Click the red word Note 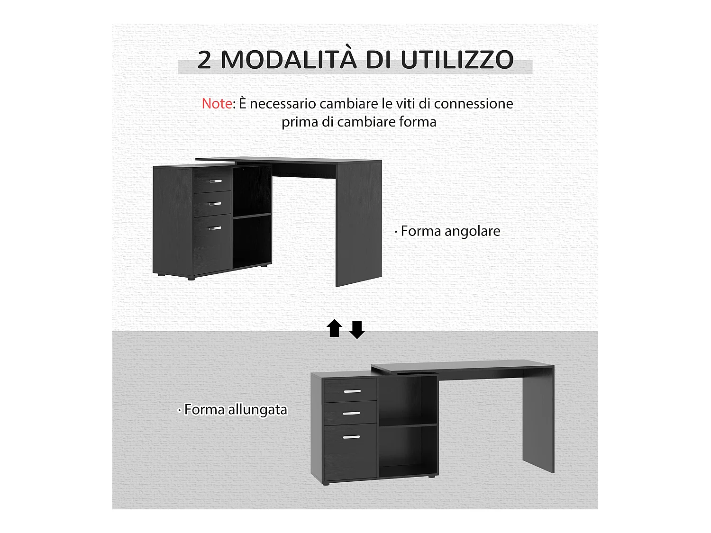pos(217,104)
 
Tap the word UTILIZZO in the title pos(457,60)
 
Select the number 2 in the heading pos(204,60)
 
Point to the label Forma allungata pos(236,409)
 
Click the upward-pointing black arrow pos(335,328)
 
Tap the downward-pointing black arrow pos(357,329)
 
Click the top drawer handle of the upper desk pos(215,181)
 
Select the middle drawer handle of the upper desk pos(215,204)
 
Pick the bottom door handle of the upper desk pos(215,228)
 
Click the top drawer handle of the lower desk pos(352,391)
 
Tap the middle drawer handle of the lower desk pos(352,413)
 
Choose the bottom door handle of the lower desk pos(352,437)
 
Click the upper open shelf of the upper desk pos(251,190)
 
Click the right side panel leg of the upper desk pos(358,223)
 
